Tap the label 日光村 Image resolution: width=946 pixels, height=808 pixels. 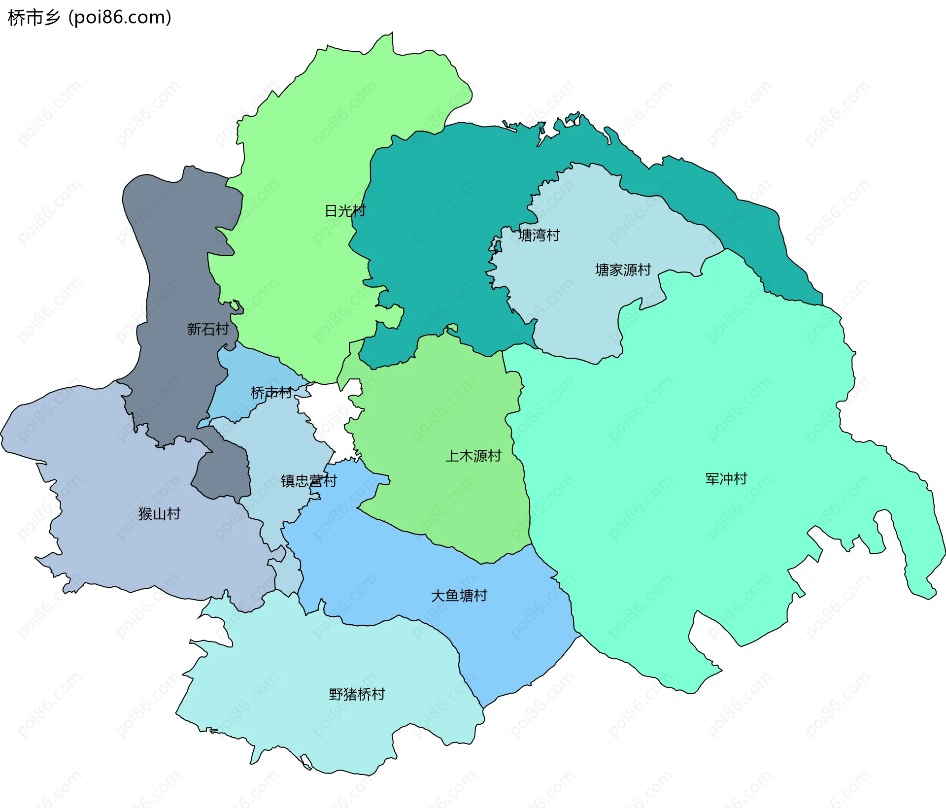click(345, 211)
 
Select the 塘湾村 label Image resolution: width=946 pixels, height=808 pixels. click(539, 235)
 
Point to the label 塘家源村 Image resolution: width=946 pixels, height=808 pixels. click(623, 270)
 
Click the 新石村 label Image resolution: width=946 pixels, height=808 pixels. click(208, 329)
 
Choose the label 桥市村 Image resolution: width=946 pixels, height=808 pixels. click(271, 393)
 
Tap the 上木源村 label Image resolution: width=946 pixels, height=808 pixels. click(473, 456)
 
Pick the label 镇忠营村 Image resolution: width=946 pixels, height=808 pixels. click(309, 481)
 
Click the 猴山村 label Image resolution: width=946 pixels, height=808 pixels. click(160, 514)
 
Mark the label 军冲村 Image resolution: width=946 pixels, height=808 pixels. click(726, 479)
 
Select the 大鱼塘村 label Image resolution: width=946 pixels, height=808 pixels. click(459, 596)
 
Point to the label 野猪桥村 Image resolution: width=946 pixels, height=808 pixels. click(357, 694)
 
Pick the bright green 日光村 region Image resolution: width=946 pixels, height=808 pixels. click(305, 148)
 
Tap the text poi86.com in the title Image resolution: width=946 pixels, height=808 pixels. click(120, 18)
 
